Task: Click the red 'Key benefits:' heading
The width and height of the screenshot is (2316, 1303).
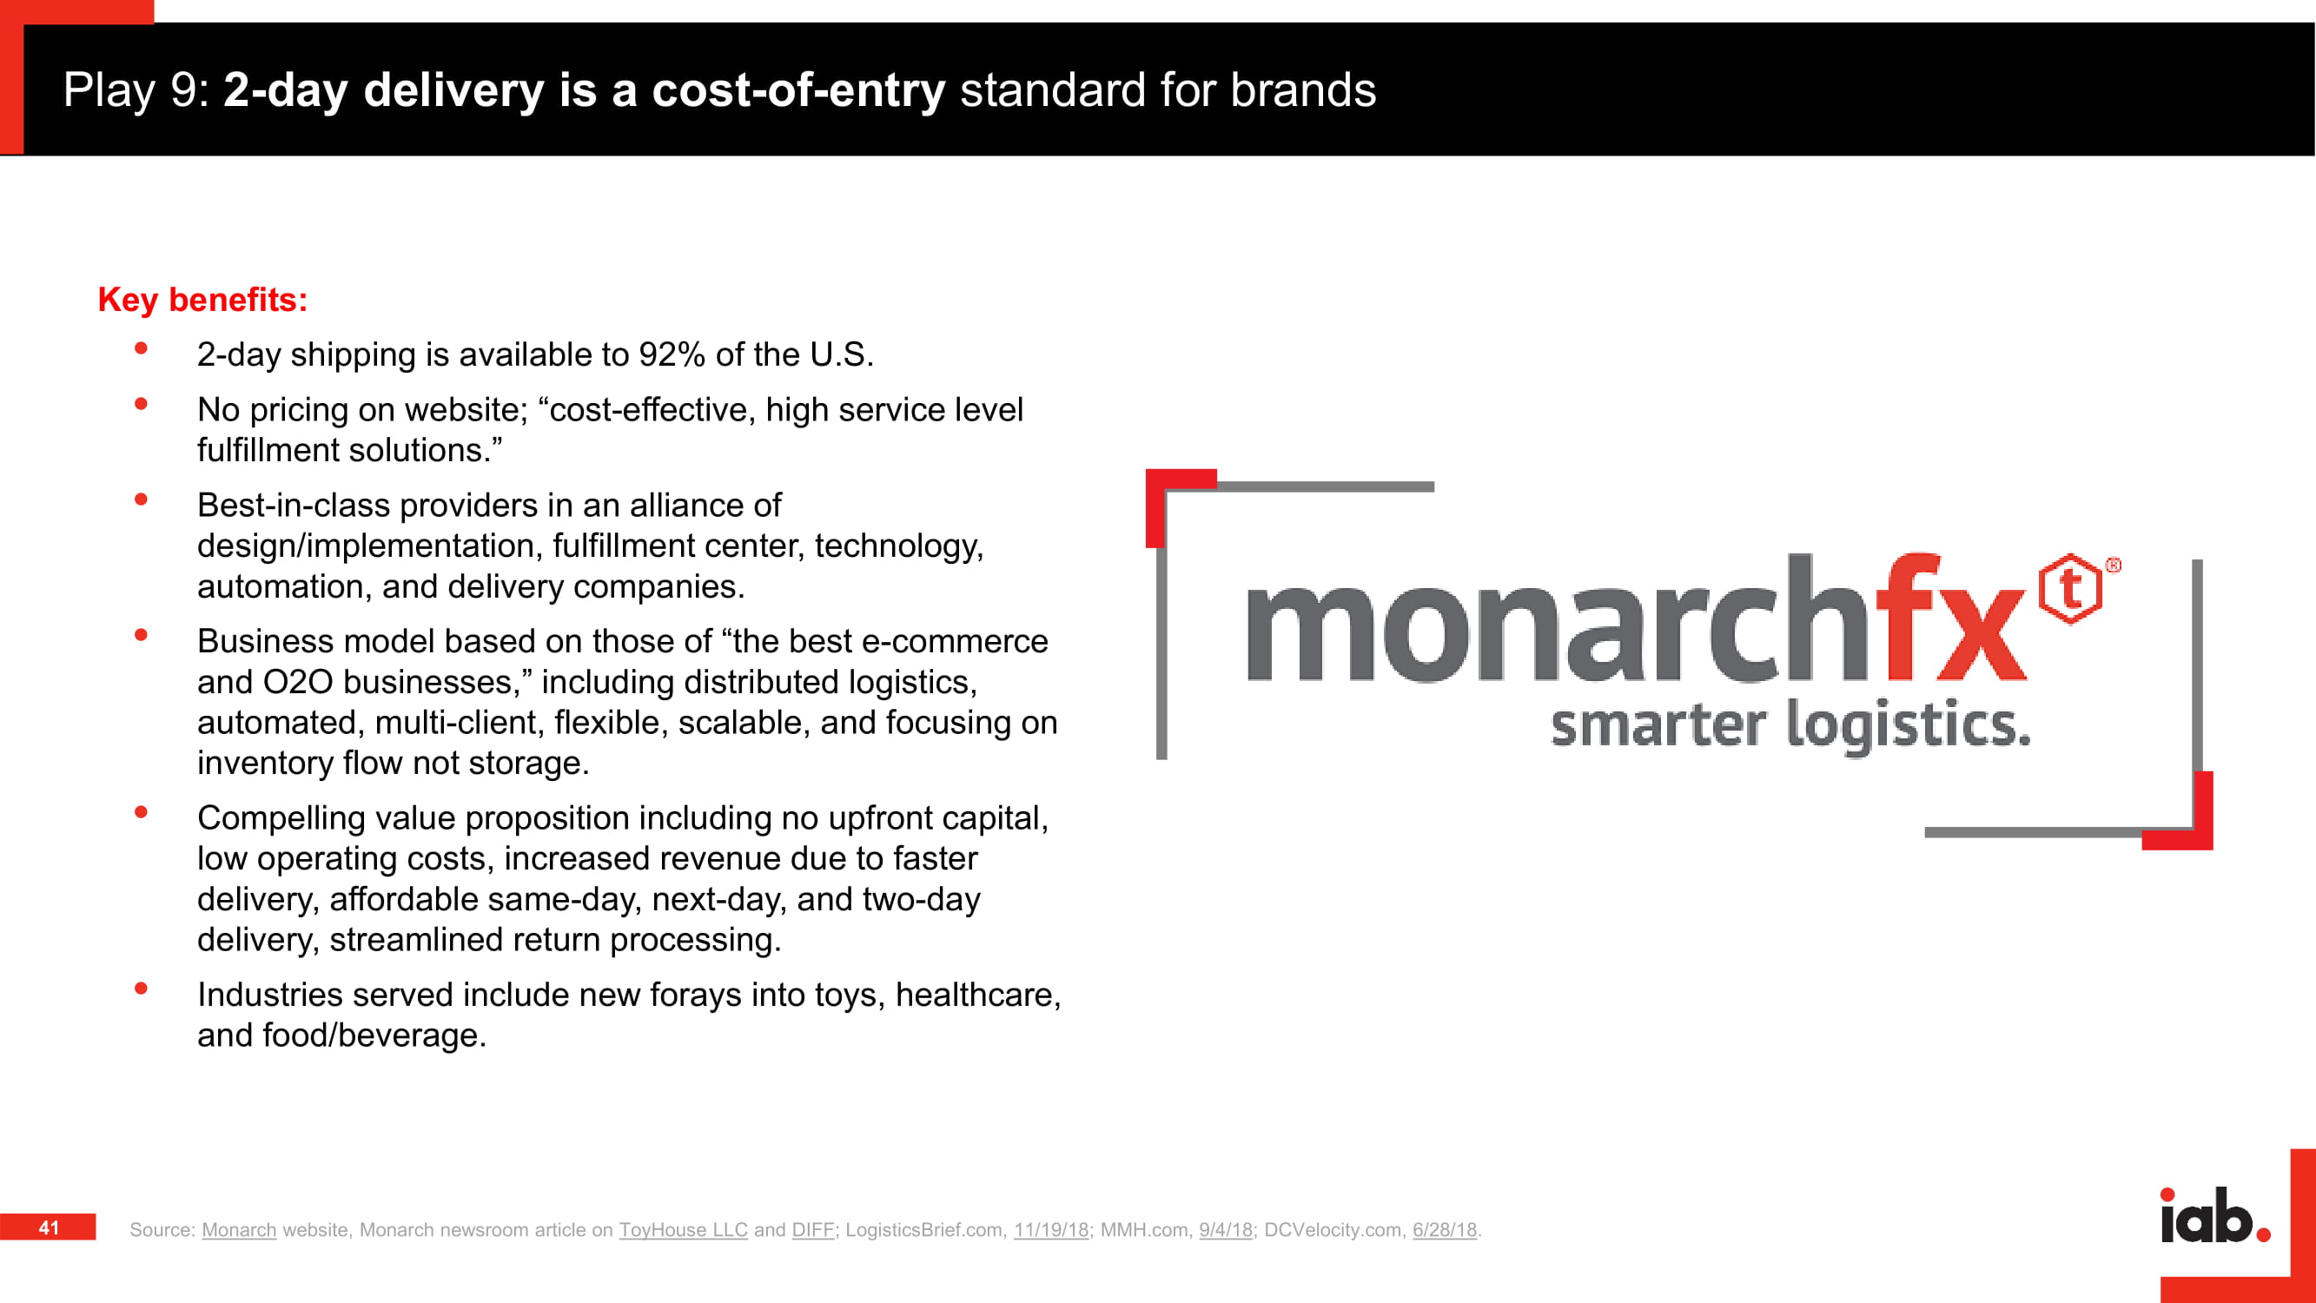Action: click(x=202, y=300)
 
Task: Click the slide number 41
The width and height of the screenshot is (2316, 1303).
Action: click(x=50, y=1227)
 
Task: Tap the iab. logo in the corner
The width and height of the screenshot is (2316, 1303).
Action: click(x=2214, y=1216)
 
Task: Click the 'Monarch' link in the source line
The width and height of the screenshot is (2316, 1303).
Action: click(x=239, y=1229)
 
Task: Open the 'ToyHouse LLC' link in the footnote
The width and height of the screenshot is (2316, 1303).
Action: click(x=684, y=1229)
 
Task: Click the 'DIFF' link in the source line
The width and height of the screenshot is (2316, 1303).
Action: click(x=813, y=1229)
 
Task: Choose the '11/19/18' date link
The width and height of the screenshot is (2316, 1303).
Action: click(x=1051, y=1229)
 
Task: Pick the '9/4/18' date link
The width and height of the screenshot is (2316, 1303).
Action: click(x=1226, y=1229)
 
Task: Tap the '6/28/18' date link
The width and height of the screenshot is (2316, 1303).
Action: click(x=1445, y=1229)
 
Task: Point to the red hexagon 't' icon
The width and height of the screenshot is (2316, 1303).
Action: click(x=2070, y=589)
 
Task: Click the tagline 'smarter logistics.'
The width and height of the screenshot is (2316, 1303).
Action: click(x=1790, y=724)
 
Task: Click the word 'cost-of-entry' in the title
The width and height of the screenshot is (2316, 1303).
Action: click(x=798, y=90)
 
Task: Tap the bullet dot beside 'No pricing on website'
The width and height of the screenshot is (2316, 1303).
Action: click(x=141, y=404)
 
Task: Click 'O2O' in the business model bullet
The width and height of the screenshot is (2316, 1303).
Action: click(x=298, y=682)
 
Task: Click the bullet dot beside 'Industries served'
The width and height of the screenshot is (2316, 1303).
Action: click(x=141, y=989)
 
